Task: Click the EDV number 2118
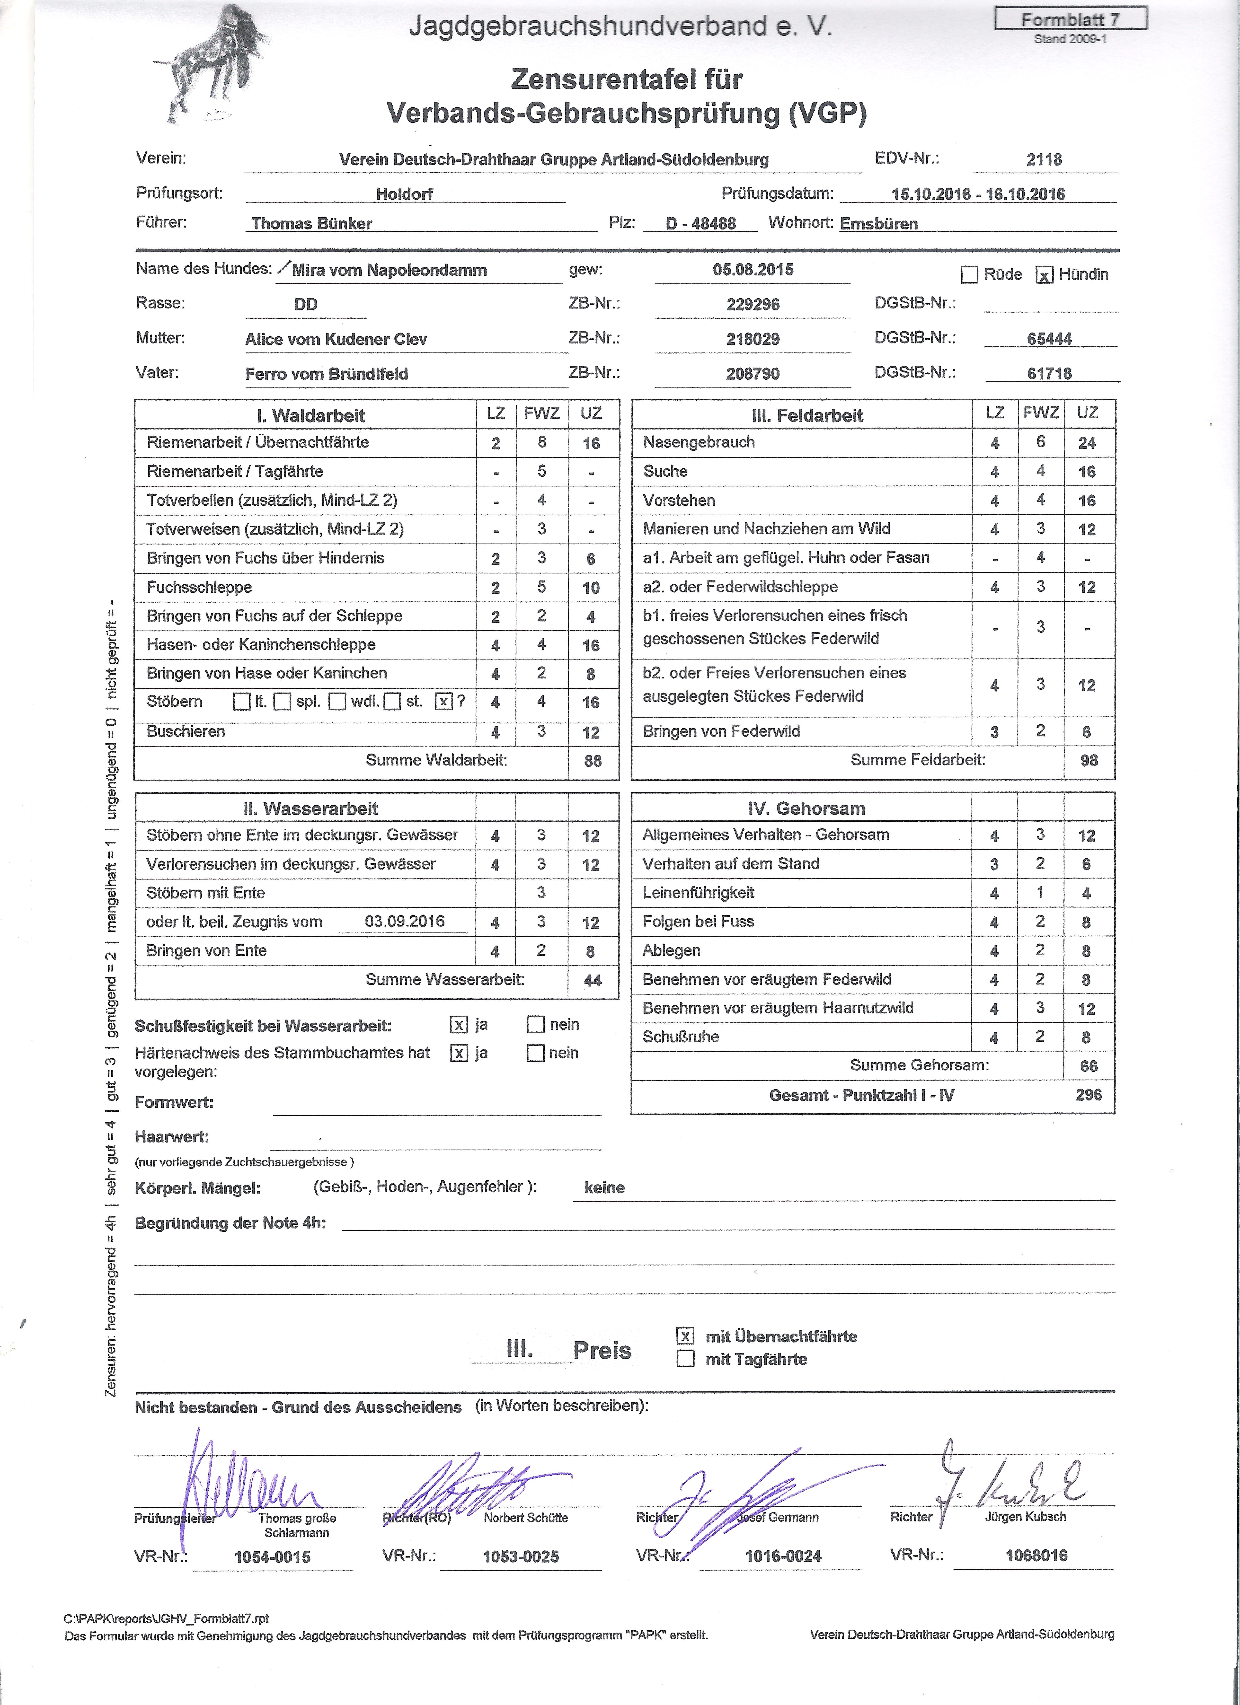tap(1044, 160)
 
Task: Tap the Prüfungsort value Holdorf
tap(405, 194)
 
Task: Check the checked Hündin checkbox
tap(1044, 275)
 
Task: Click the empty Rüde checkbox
tap(969, 275)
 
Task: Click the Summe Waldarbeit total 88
tap(593, 761)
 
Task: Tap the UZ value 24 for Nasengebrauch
tap(1087, 443)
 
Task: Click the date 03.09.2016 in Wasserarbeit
tap(405, 922)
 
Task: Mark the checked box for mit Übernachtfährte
tap(685, 1336)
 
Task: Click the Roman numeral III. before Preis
tap(520, 1349)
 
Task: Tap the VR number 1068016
tap(1036, 1556)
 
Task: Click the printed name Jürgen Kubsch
tap(1025, 1516)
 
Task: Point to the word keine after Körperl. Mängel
tap(605, 1188)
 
